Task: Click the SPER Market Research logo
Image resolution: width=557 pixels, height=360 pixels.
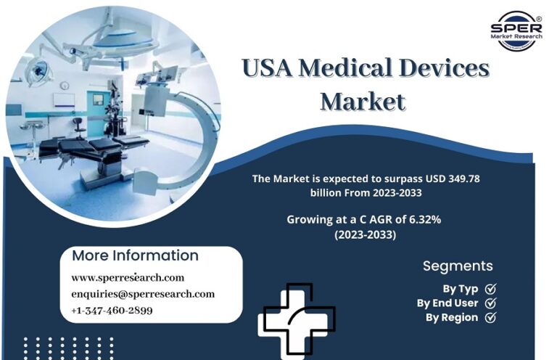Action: (x=516, y=30)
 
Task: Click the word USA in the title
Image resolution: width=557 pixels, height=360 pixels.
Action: (x=268, y=68)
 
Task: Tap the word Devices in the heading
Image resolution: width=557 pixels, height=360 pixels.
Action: (x=444, y=67)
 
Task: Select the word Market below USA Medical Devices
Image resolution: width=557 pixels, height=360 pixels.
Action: (x=363, y=102)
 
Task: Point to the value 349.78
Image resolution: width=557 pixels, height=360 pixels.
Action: (x=464, y=179)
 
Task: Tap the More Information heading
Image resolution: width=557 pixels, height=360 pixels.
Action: (x=135, y=255)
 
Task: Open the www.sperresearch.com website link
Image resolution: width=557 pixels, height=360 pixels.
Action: (x=128, y=277)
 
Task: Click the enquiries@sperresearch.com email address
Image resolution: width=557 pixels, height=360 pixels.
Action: (x=143, y=294)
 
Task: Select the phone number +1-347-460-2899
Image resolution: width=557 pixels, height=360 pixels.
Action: (x=112, y=311)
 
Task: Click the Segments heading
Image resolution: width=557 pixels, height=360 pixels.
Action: (x=458, y=266)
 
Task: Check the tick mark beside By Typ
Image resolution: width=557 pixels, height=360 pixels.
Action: (x=490, y=289)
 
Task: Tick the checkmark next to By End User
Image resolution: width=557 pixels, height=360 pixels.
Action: (x=490, y=303)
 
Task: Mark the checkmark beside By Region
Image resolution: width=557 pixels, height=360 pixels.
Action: (x=490, y=317)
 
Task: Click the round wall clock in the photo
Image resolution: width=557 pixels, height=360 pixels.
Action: (x=65, y=86)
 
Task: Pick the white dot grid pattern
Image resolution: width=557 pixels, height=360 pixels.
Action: (x=69, y=348)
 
